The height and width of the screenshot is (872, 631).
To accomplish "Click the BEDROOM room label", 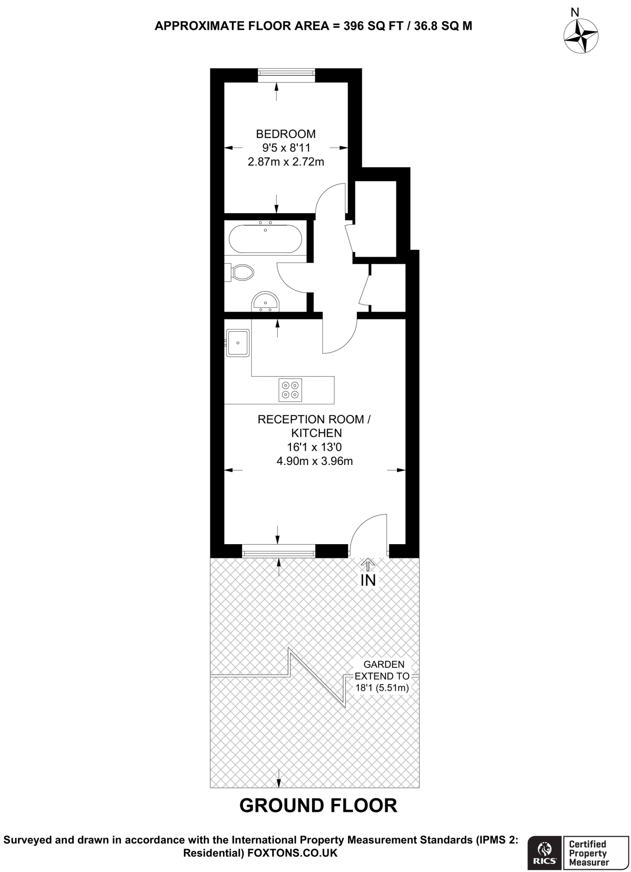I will (x=286, y=134).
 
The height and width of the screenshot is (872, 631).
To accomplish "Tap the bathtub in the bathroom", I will (x=265, y=239).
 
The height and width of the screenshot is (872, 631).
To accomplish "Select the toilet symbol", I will (x=241, y=272).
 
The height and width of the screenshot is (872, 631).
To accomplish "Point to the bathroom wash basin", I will (x=266, y=301).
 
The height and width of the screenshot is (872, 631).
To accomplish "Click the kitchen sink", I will (x=238, y=343).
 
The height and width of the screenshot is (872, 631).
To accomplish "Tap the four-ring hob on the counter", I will (x=290, y=390).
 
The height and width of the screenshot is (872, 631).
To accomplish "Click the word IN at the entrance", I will (x=368, y=580).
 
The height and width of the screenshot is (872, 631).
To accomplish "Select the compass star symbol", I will (x=581, y=36).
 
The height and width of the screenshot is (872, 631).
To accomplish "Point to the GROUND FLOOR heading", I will (x=318, y=806).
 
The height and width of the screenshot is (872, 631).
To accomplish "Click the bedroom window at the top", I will (x=286, y=75).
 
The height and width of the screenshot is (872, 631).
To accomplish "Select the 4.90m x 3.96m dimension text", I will (x=314, y=461).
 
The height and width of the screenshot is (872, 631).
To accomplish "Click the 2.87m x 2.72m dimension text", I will (x=286, y=162).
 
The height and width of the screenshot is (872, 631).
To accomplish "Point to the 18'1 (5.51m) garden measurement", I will (x=382, y=688).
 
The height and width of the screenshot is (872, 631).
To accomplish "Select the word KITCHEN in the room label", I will (x=316, y=433).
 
